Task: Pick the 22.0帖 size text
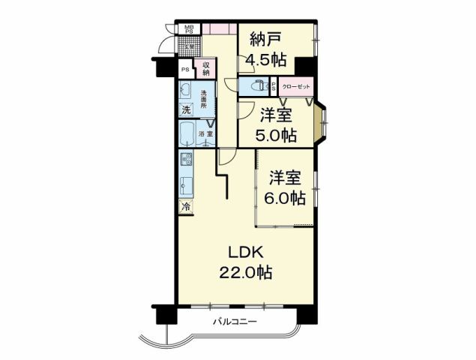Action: (x=247, y=272)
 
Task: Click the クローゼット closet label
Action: (x=295, y=86)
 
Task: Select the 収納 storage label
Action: (x=205, y=69)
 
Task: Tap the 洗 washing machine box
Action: (x=185, y=109)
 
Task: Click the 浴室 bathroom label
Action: (x=205, y=133)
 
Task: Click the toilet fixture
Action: (x=257, y=85)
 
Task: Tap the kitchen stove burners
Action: (x=186, y=160)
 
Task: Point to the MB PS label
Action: (x=190, y=31)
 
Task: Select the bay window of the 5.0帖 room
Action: (x=322, y=122)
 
